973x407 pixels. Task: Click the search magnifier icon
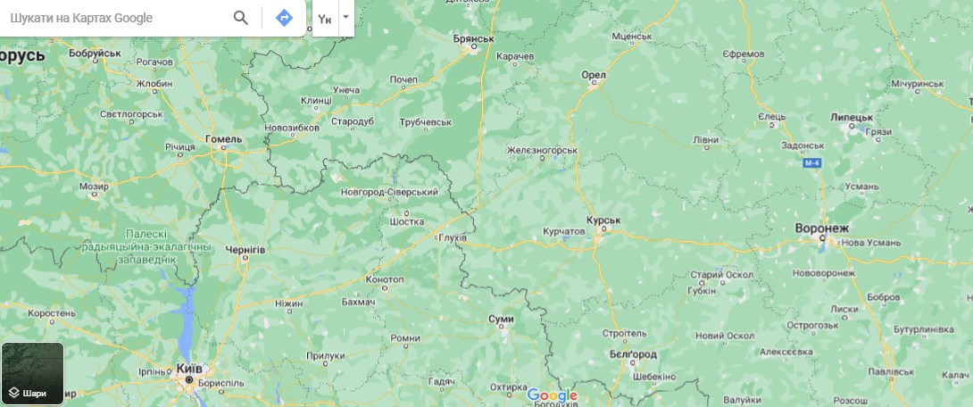[x=240, y=18]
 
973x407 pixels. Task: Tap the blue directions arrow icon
[x=284, y=18]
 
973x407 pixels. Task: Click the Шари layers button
[x=32, y=373]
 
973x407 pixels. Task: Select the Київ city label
[x=189, y=369]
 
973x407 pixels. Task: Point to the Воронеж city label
[x=822, y=228]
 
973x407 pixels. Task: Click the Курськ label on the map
[x=603, y=220]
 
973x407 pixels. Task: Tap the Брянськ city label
[x=474, y=38]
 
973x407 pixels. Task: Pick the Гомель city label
[x=223, y=139]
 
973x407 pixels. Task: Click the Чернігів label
[x=245, y=250]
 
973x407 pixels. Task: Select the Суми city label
[x=501, y=319]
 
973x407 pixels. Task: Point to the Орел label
[x=594, y=75]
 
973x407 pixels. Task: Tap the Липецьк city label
[x=851, y=117]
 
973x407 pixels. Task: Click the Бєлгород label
[x=634, y=354]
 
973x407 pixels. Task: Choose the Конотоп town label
[x=385, y=279]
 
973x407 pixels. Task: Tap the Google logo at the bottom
[x=553, y=395]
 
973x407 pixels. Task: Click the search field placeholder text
[x=81, y=18]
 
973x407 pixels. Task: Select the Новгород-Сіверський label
[x=390, y=192]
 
